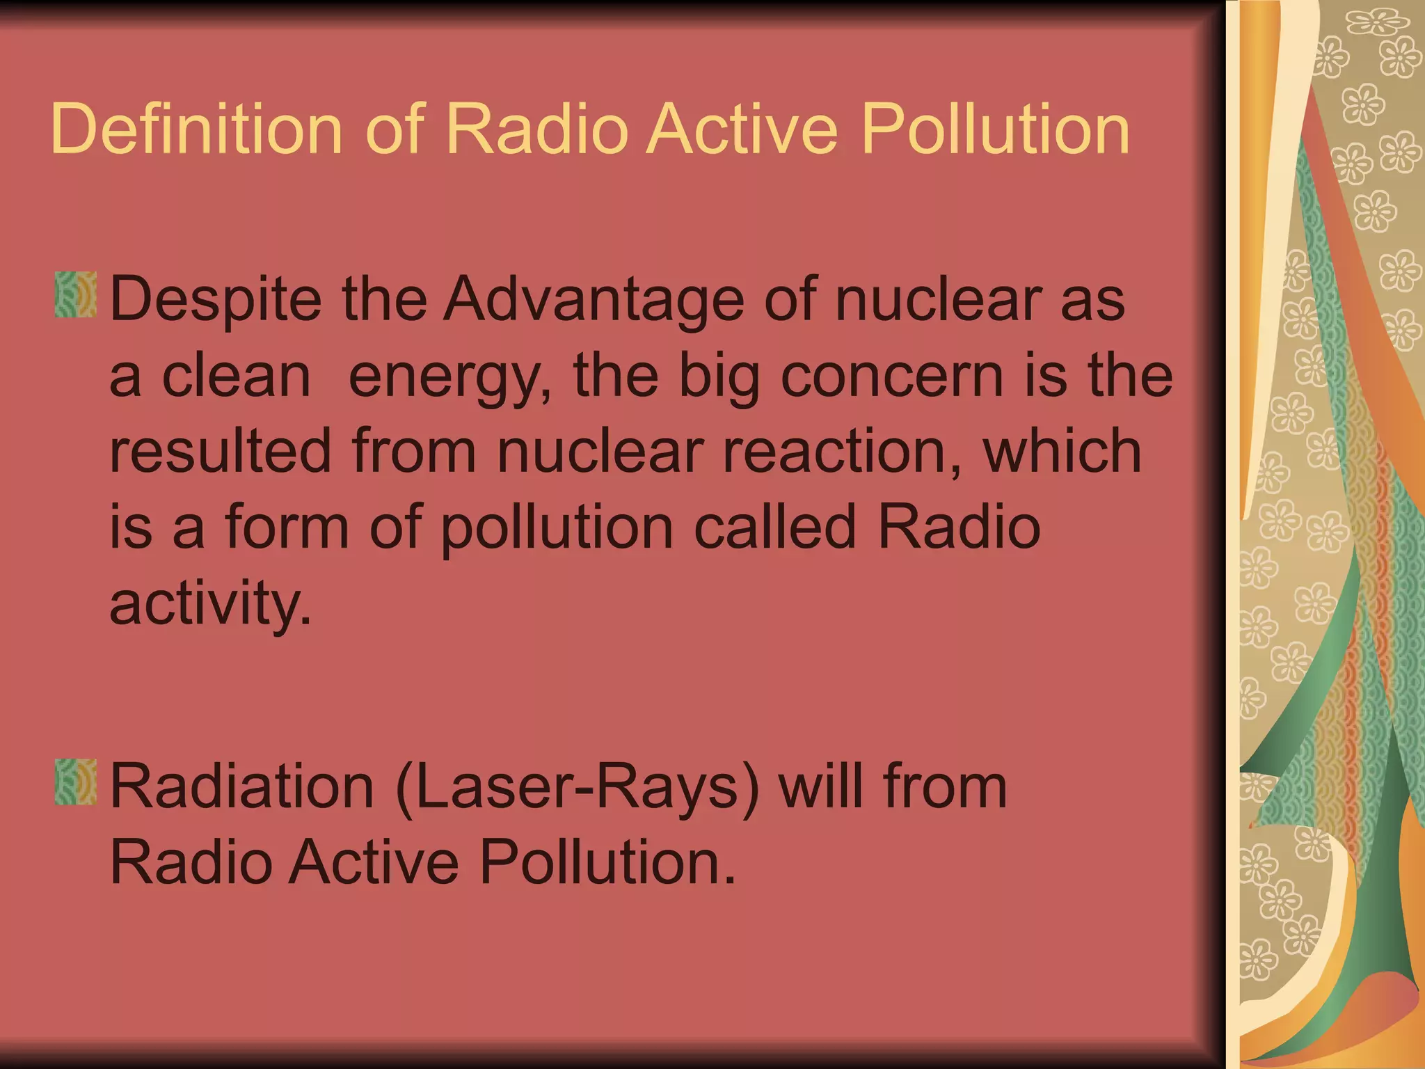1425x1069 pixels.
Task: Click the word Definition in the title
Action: (197, 129)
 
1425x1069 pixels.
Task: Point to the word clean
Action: (236, 377)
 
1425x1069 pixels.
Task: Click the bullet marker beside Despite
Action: (76, 295)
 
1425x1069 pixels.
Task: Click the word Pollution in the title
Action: (996, 129)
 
